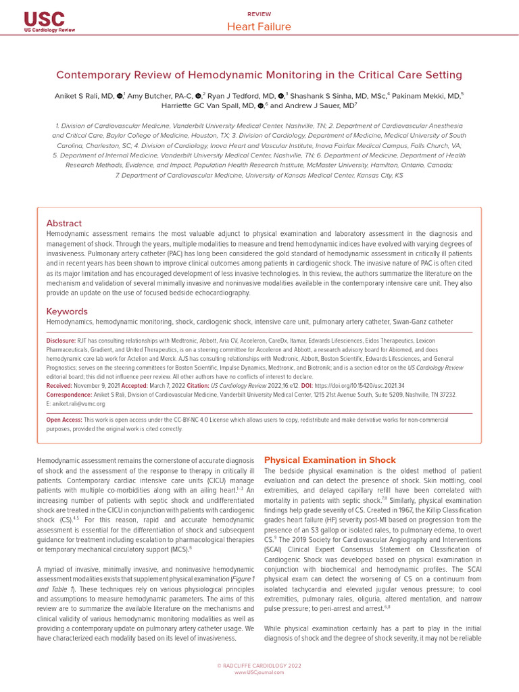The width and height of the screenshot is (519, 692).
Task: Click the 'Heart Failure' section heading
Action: pyautogui.click(x=259, y=27)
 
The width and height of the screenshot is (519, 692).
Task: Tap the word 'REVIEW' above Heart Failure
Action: pyautogui.click(x=259, y=14)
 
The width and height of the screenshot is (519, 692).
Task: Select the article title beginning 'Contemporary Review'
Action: pyautogui.click(x=259, y=75)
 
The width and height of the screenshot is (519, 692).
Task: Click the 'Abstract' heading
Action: pyautogui.click(x=64, y=223)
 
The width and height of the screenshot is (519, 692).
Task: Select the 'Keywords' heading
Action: pyautogui.click(x=66, y=312)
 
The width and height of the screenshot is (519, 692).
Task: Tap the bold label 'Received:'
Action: pyautogui.click(x=59, y=385)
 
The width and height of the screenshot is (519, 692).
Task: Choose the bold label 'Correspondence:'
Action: pyautogui.click(x=69, y=395)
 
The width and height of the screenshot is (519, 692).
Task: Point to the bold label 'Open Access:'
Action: pyautogui.click(x=64, y=420)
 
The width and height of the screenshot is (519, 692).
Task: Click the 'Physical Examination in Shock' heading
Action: pyautogui.click(x=330, y=460)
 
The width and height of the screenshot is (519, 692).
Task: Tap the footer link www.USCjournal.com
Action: pyautogui.click(x=259, y=672)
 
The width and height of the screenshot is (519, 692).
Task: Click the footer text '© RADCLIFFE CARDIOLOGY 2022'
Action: pyautogui.click(x=259, y=666)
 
